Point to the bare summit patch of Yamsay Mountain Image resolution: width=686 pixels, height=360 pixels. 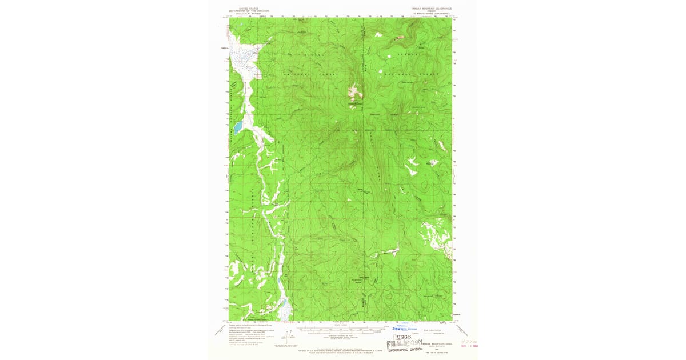point(356,90)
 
